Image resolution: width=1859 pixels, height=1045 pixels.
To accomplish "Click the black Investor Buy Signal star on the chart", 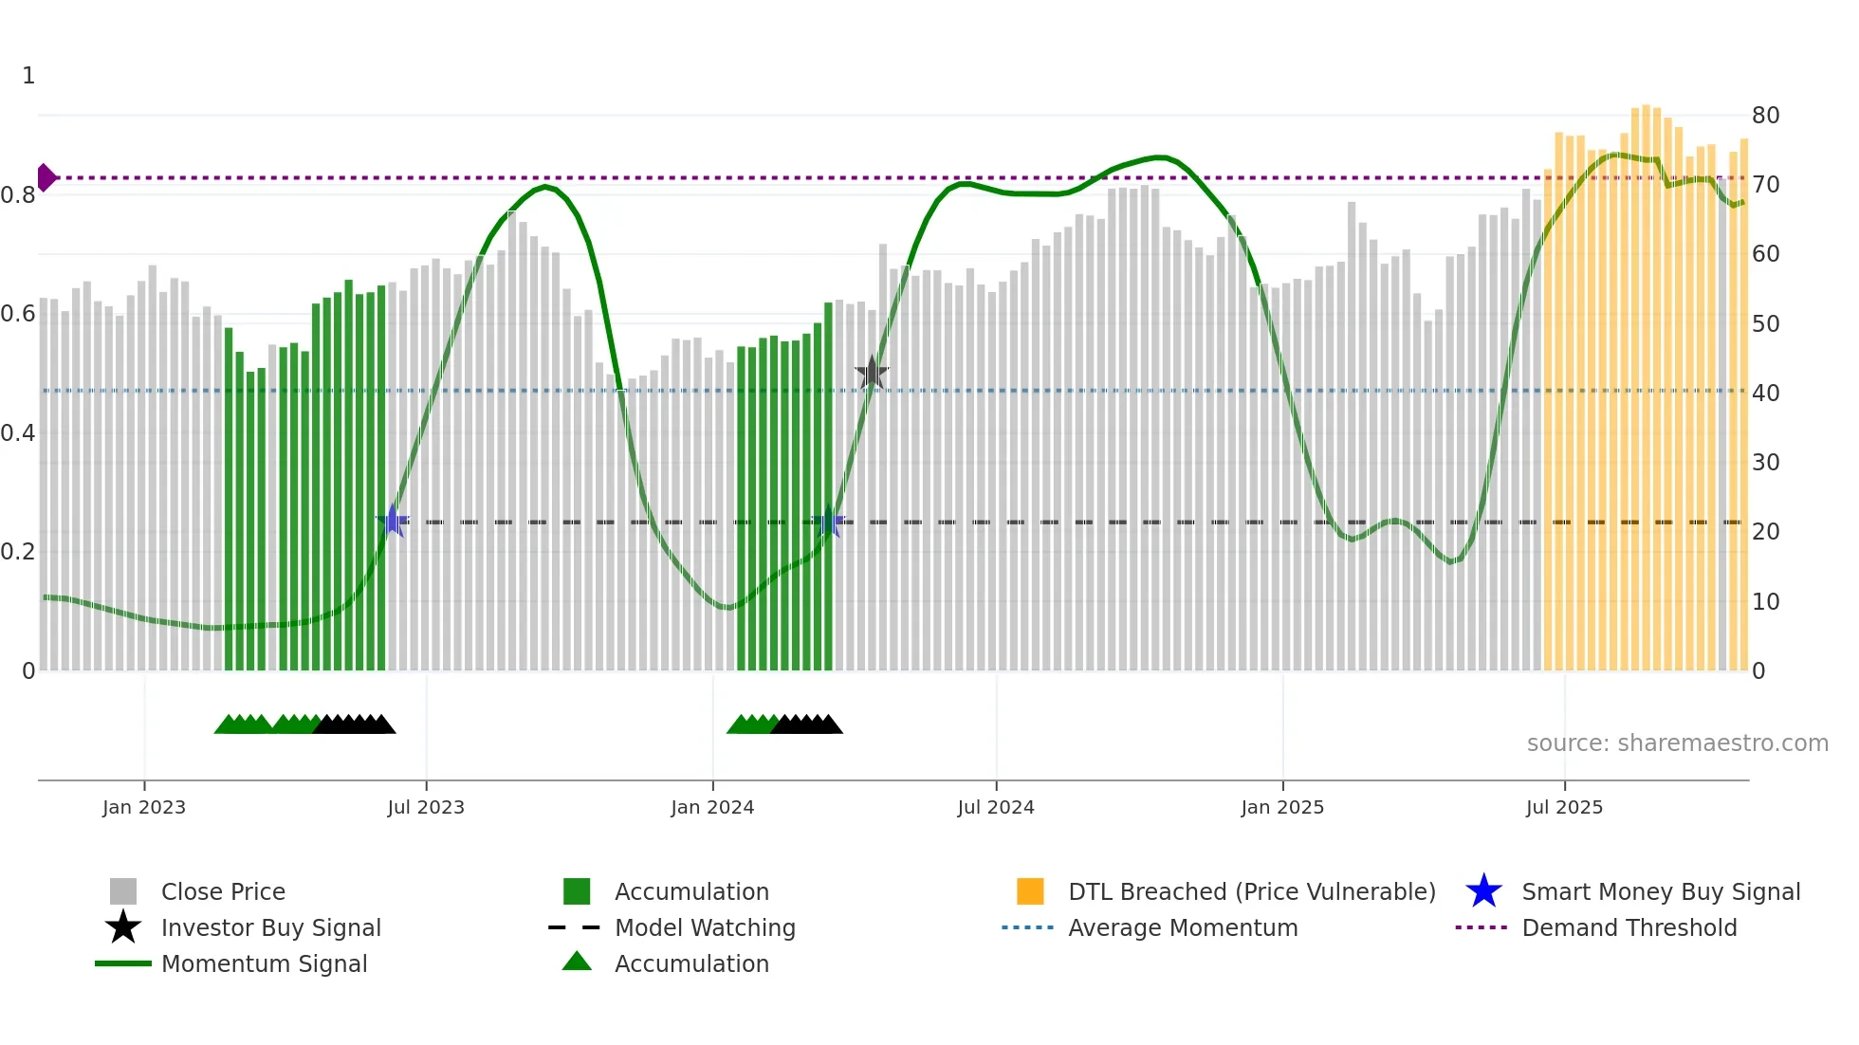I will click(872, 373).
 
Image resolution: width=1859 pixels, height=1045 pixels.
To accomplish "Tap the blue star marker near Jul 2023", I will click(393, 521).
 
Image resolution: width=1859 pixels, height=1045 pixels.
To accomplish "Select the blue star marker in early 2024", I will click(829, 521).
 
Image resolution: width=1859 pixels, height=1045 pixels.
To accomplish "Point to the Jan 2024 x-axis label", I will click(712, 807).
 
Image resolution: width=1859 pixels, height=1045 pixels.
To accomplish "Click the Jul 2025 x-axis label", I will click(1564, 807).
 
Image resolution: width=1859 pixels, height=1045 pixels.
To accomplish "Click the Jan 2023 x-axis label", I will click(144, 807).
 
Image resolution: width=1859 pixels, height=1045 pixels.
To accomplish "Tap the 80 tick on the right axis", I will click(1765, 116).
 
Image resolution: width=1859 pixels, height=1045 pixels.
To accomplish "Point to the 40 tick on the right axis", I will click(1765, 393).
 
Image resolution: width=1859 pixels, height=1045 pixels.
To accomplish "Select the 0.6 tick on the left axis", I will click(18, 314).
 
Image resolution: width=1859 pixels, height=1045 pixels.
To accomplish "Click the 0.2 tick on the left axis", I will click(18, 552).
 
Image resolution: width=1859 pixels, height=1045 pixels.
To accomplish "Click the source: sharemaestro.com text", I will click(1677, 743).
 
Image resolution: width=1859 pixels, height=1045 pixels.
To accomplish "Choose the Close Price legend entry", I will click(223, 891).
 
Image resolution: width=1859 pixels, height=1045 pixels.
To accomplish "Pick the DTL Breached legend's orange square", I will click(1030, 891).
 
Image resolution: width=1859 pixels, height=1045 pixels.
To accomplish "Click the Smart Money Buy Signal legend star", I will click(1483, 891).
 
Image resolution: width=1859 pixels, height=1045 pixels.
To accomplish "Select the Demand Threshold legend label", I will click(1629, 927).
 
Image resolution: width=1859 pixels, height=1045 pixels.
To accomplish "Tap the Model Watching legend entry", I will click(705, 927).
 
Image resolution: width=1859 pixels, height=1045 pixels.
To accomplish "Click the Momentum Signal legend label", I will click(264, 963).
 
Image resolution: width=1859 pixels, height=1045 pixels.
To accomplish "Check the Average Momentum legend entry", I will click(1182, 927).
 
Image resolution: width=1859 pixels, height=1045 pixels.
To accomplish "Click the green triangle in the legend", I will click(577, 962).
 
